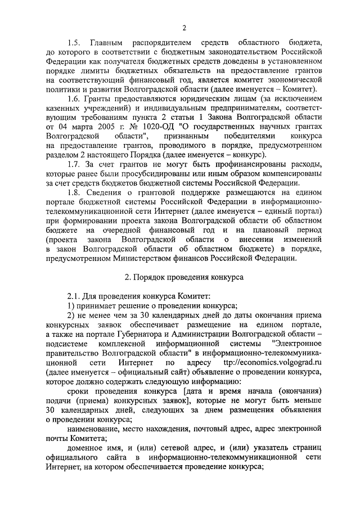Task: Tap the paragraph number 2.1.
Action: click(x=73, y=295)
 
